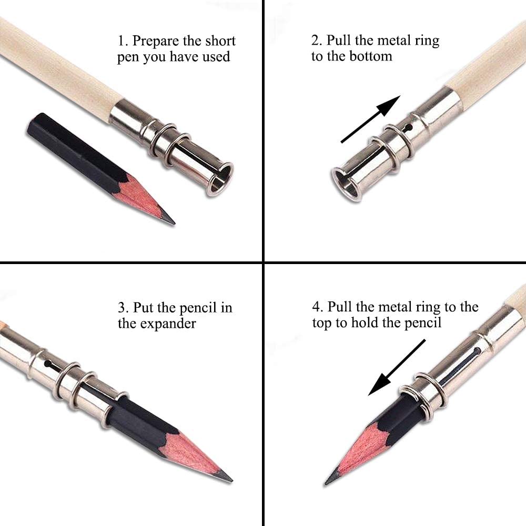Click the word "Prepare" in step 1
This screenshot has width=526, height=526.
tap(157, 42)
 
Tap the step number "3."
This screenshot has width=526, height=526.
tap(124, 307)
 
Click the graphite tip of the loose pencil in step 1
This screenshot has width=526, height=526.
tap(169, 220)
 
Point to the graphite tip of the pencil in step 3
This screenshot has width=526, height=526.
tap(225, 476)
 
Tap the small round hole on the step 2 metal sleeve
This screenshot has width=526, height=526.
tap(408, 128)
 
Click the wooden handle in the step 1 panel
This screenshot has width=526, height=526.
tap(58, 68)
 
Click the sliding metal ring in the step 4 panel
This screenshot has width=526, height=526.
tap(421, 392)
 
